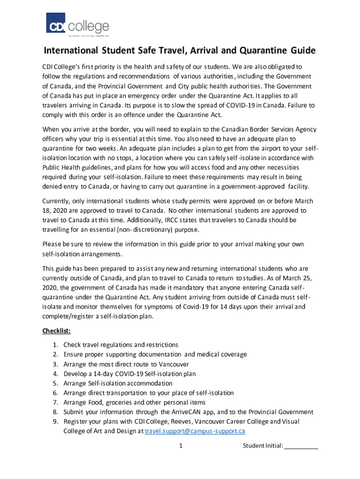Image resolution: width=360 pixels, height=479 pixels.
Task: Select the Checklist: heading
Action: click(57, 331)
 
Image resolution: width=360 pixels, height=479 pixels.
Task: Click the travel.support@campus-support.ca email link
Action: click(195, 431)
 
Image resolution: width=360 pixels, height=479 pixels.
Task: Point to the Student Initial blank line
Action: click(301, 446)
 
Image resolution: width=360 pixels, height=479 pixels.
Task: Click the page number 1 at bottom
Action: click(180, 446)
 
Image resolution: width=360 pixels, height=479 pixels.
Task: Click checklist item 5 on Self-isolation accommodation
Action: click(118, 383)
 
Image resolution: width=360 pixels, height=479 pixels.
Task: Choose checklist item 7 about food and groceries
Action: click(134, 402)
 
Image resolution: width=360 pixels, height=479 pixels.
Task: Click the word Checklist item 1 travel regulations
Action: click(121, 345)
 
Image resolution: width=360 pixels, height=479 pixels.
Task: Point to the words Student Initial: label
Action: click(263, 446)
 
